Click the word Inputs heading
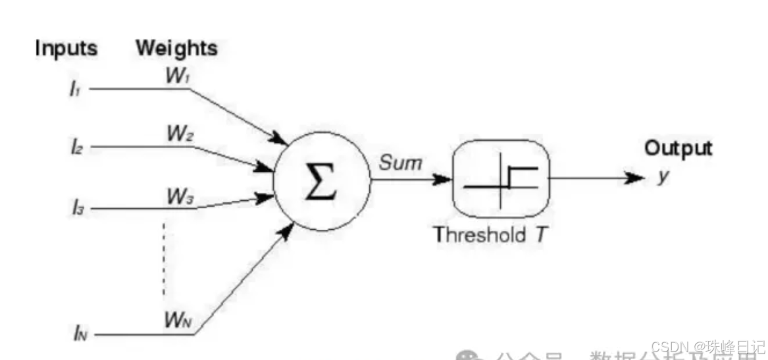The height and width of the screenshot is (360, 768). (66, 49)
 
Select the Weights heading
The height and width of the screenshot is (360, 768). (176, 48)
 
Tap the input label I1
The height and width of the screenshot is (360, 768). (75, 89)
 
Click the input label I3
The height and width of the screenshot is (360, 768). (76, 210)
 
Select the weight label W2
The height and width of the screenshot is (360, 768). (178, 135)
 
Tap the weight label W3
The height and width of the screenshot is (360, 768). (180, 196)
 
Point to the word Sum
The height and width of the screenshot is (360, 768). (399, 163)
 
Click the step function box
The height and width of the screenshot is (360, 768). (500, 178)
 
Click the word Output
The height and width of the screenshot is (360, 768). (678, 149)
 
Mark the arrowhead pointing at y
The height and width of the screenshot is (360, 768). (635, 178)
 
